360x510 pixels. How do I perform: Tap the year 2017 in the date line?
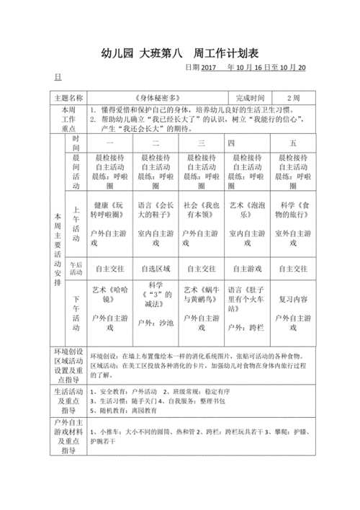pyautogui.click(x=209, y=68)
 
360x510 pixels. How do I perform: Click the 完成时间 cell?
pyautogui.click(x=250, y=97)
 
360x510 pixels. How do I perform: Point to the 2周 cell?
pyautogui.click(x=293, y=97)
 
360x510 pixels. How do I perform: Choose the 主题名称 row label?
pyautogui.click(x=68, y=97)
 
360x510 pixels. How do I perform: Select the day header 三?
pyautogui.click(x=202, y=143)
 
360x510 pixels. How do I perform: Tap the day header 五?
pyautogui.click(x=292, y=143)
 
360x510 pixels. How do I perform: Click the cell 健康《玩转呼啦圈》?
pyautogui.click(x=112, y=210)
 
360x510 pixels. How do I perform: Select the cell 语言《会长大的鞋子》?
pyautogui.click(x=156, y=210)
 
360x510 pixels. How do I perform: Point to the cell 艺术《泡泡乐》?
pyautogui.click(x=246, y=210)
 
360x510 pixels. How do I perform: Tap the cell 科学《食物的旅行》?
pyautogui.click(x=293, y=210)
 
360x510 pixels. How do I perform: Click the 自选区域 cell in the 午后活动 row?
pyautogui.click(x=156, y=269)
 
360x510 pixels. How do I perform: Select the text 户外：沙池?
pyautogui.click(x=156, y=323)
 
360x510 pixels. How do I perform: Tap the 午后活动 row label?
pyautogui.click(x=76, y=269)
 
